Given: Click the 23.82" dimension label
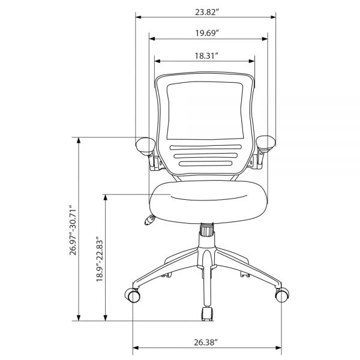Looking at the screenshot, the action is (206, 12).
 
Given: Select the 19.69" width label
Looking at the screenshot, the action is (206, 33).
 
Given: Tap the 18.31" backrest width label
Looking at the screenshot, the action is (206, 56).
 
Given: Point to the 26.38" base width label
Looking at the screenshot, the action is (206, 343).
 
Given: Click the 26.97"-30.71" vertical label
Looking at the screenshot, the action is (73, 230).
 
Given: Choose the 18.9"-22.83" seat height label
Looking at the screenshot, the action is (100, 259).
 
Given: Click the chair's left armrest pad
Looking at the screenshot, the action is (146, 146).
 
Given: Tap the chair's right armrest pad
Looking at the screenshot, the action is (266, 143).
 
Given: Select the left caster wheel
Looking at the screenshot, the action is (133, 295).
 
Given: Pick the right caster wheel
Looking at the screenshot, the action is (282, 295).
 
